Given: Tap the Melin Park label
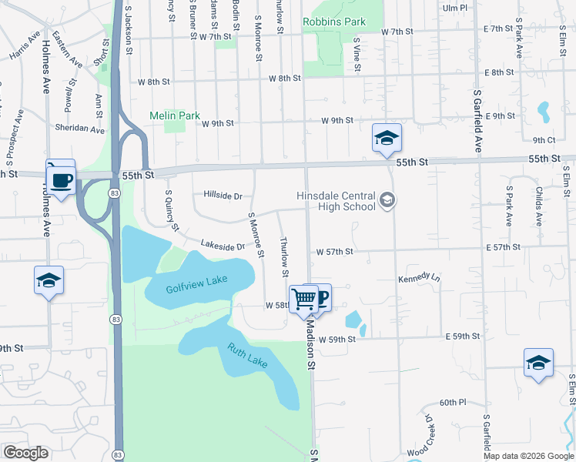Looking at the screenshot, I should pos(174,115).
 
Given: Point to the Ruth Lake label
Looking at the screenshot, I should pos(246,354).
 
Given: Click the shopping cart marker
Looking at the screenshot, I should pos(304,298).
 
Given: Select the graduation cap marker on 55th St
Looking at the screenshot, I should pos(387,139).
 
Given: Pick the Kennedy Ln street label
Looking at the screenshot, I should pos(419,278).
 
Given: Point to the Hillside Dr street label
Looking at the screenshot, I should pos(223,196).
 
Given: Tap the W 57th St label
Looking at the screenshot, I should pos(334,251).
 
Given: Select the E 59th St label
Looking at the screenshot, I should pos(463,336).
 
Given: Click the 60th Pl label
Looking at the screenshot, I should pos(453,403).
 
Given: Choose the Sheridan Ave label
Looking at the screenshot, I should pos(79,129).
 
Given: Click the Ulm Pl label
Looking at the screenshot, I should pos(456,8).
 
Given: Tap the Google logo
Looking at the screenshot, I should pos(26,452).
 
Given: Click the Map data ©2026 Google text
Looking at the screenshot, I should pos(528,456).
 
